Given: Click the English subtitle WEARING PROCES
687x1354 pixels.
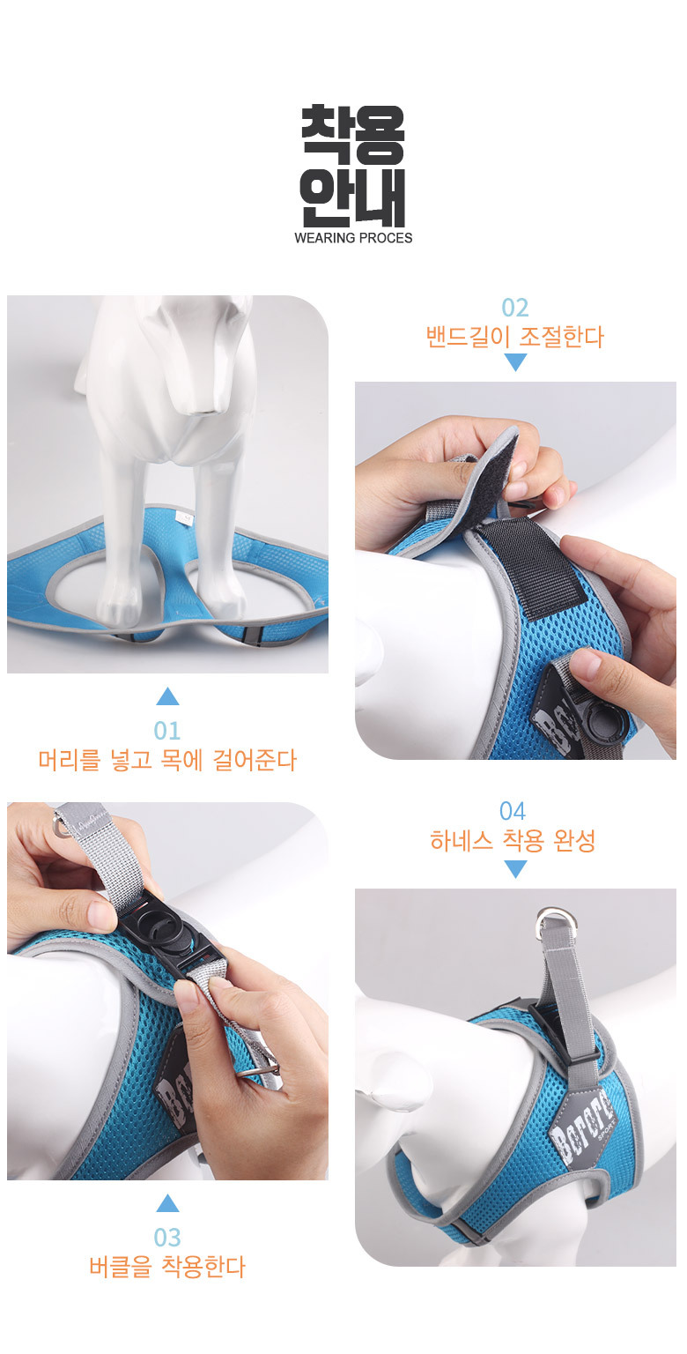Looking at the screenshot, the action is (353, 238).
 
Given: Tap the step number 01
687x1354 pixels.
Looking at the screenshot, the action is (167, 731).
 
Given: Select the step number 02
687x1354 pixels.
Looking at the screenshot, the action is (515, 308).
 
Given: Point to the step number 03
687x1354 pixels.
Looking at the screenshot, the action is (167, 1238).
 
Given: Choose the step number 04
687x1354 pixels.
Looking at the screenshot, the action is (513, 811).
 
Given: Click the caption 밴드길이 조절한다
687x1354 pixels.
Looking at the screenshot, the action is (515, 337).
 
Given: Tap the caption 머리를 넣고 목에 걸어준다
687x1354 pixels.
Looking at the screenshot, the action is (167, 760).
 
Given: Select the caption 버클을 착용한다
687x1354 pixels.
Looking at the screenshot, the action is (167, 1267).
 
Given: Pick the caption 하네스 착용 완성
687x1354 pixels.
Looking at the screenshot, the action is (513, 840).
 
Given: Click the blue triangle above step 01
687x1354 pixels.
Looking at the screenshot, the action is (167, 697).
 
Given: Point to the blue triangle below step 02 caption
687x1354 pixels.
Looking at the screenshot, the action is (515, 361).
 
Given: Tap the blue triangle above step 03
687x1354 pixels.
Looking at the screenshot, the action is (167, 1204).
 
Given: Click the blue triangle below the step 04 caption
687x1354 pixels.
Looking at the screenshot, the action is (515, 868).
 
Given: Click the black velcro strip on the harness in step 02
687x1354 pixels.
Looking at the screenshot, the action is (531, 567).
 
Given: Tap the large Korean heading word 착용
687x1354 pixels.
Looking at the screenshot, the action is (353, 135).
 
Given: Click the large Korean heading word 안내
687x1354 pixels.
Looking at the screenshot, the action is (353, 197).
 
